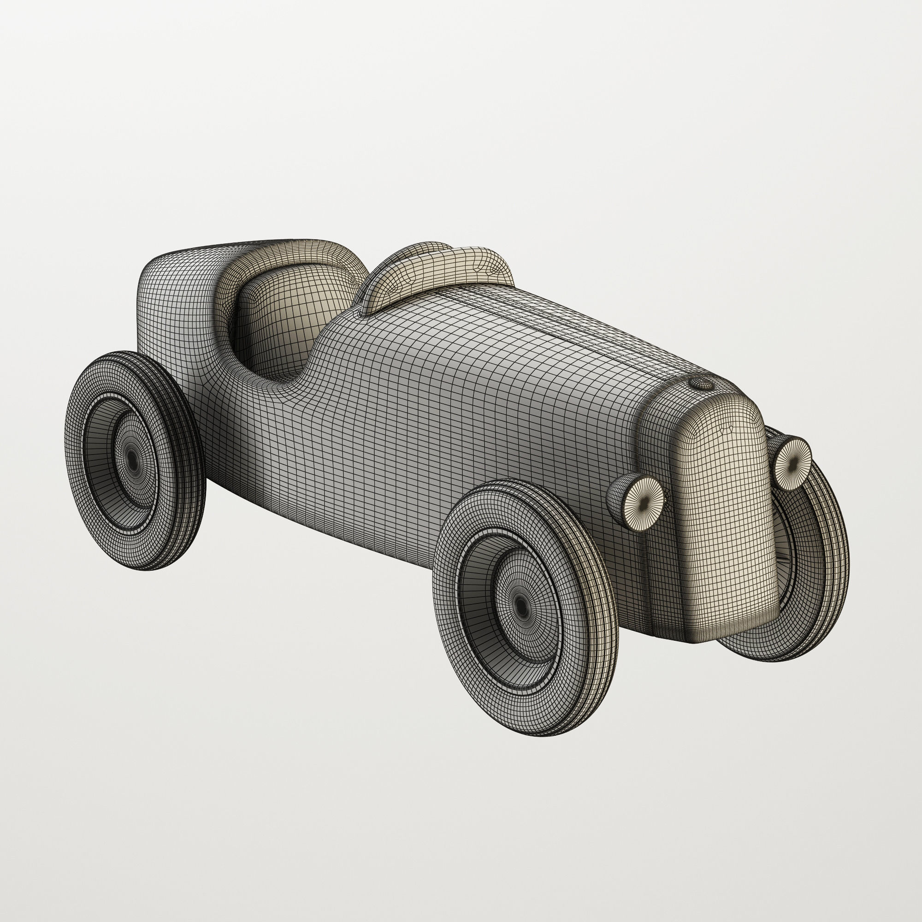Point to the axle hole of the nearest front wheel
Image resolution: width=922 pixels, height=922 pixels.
click(x=521, y=607)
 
